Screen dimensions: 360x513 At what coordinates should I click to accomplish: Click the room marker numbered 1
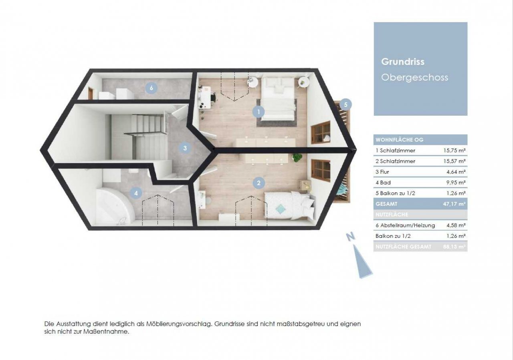click(x=259, y=112)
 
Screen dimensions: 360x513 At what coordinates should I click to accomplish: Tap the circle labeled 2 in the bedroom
click(x=259, y=183)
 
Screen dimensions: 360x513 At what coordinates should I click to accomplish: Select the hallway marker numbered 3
click(x=185, y=148)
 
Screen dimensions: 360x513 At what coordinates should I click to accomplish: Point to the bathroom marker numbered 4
click(x=137, y=193)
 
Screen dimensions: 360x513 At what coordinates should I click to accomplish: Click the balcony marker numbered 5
click(x=345, y=105)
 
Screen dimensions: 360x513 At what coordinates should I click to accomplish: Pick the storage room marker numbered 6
click(x=151, y=88)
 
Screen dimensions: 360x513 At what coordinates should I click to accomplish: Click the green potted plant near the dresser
click(x=297, y=157)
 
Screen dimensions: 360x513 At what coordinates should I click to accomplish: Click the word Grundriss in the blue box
click(x=403, y=62)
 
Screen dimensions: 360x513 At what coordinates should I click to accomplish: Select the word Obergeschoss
click(x=414, y=77)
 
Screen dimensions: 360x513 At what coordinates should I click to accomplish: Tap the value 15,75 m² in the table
click(x=454, y=151)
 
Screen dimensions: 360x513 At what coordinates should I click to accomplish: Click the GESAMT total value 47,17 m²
click(x=454, y=204)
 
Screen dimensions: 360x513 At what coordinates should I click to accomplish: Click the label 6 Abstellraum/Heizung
click(x=405, y=225)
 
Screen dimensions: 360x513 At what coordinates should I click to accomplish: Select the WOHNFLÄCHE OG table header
click(x=400, y=140)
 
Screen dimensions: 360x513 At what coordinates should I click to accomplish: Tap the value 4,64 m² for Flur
click(x=456, y=172)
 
